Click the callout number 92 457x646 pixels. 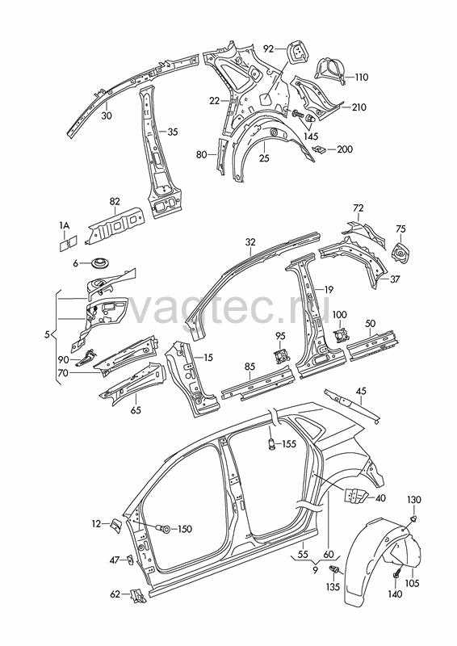pos(269,49)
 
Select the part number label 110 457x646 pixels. pos(362,77)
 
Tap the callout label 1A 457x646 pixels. pos(65,225)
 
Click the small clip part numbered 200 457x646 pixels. pos(319,149)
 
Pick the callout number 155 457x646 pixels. pos(289,443)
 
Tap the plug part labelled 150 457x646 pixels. pos(164,528)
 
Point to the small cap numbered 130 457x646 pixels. pos(413,518)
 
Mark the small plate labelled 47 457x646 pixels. pos(129,560)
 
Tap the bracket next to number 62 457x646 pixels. pos(136,595)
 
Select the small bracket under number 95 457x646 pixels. pos(281,356)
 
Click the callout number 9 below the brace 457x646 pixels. pos(315,570)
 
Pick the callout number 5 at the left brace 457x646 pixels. pos(47,335)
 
